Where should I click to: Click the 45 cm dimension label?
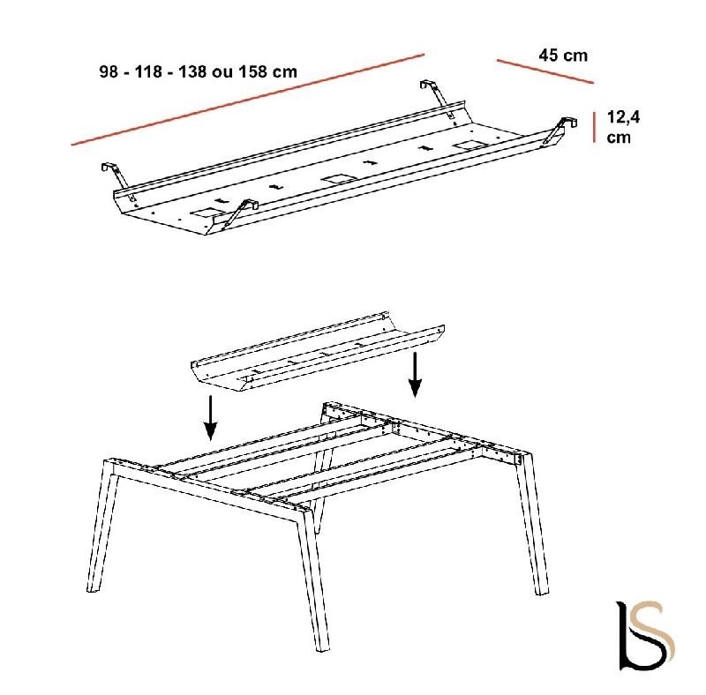(x=563, y=56)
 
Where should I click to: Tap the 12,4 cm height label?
(x=623, y=126)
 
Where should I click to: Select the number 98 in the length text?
(x=109, y=71)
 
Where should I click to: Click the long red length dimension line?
(x=248, y=100)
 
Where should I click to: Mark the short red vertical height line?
(x=594, y=127)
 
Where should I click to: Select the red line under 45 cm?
(x=545, y=71)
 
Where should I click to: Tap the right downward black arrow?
(x=415, y=375)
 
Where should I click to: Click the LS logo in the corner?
(x=646, y=635)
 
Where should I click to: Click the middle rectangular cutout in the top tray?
(x=337, y=179)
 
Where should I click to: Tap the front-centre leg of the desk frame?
(x=314, y=579)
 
